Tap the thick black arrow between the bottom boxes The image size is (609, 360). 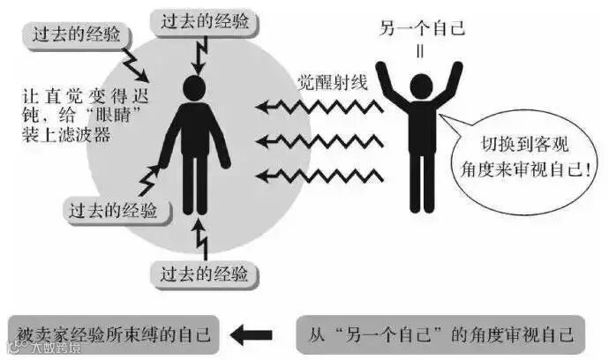tap(252, 334)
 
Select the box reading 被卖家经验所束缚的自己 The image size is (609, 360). tap(113, 334)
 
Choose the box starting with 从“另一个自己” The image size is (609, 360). tap(440, 334)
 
